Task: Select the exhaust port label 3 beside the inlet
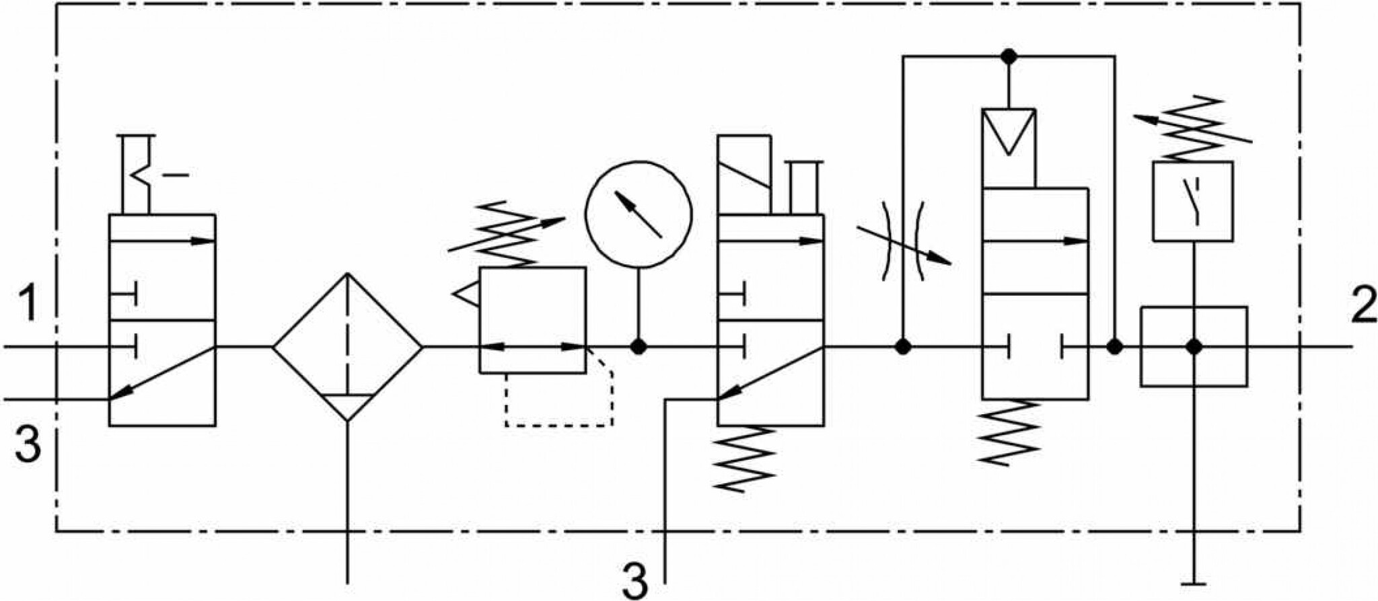pos(28,444)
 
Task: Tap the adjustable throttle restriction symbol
pos(904,240)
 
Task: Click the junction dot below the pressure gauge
pos(639,347)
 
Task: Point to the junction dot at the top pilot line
pos(1007,56)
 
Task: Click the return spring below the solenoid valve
pos(746,460)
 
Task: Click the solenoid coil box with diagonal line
pos(744,175)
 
